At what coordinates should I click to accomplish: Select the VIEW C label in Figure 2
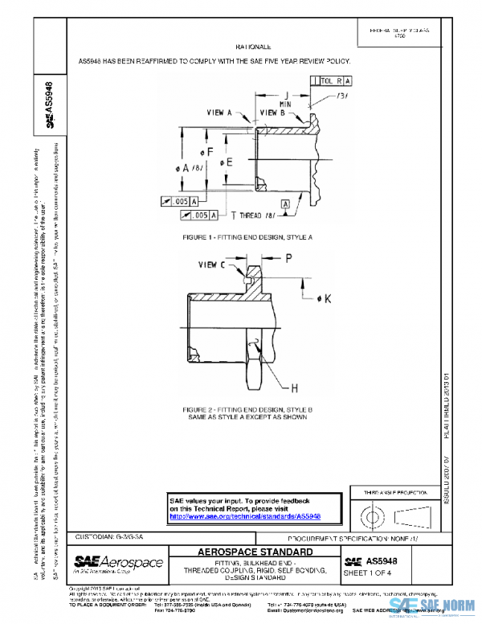[x=212, y=264]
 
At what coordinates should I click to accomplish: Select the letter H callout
[x=294, y=389]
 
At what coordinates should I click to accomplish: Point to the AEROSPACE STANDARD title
[x=255, y=552]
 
